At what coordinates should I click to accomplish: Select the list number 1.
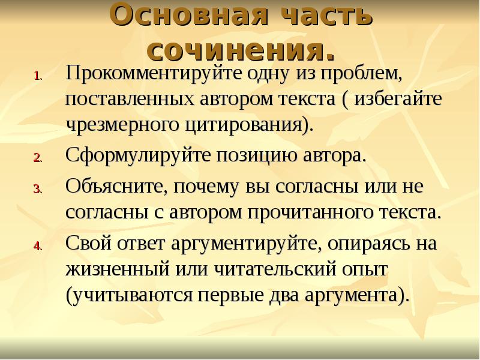[37, 76]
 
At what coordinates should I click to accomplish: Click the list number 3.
[37, 189]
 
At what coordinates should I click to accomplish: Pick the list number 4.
[37, 247]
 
